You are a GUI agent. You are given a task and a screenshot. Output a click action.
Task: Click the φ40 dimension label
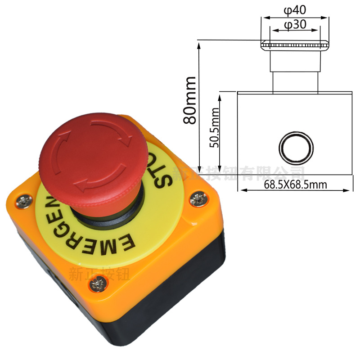(x=295, y=9)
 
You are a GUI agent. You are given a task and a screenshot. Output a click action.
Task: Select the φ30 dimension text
(x=295, y=25)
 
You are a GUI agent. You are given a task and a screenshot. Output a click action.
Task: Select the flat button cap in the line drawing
(x=295, y=45)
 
